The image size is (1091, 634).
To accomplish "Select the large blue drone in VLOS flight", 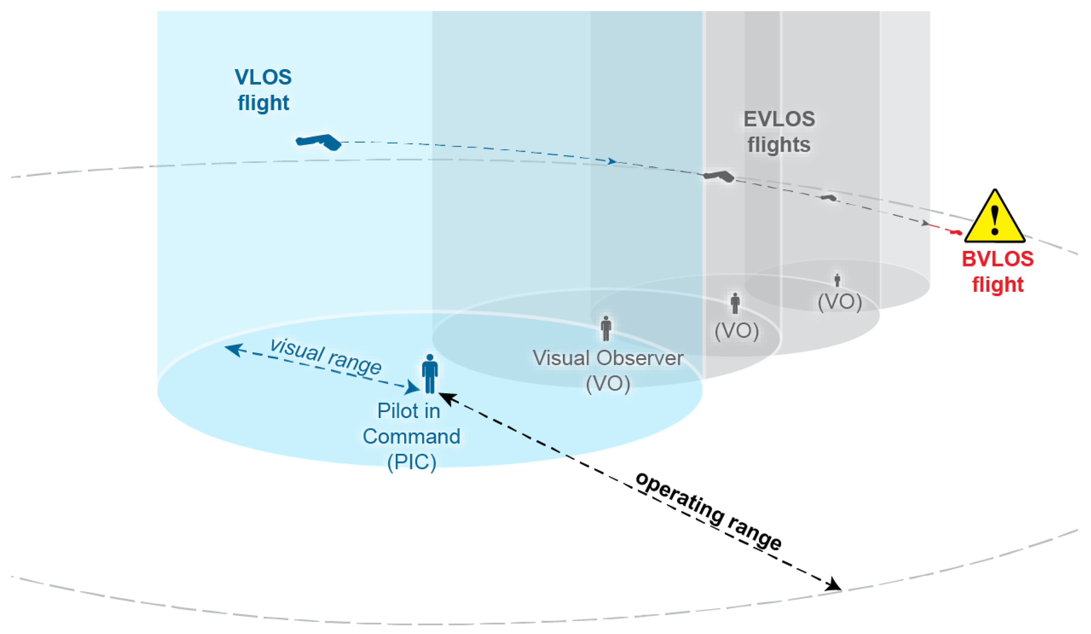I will [x=319, y=141].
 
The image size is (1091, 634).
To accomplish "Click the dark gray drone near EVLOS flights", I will [x=719, y=176].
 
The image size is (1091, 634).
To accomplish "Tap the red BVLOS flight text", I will [x=997, y=271].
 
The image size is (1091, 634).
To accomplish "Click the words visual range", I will [x=325, y=356].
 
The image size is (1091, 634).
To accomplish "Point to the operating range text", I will [x=709, y=511].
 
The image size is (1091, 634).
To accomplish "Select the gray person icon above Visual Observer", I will [x=606, y=328].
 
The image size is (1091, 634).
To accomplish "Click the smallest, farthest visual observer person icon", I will [x=837, y=280].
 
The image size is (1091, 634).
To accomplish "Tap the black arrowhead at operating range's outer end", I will [x=833, y=585].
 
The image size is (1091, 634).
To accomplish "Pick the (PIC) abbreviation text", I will [x=411, y=462].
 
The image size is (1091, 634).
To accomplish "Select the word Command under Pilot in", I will [x=411, y=436].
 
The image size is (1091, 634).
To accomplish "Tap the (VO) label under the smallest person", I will [x=839, y=302].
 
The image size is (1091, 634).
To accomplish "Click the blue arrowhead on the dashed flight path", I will [x=611, y=161].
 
